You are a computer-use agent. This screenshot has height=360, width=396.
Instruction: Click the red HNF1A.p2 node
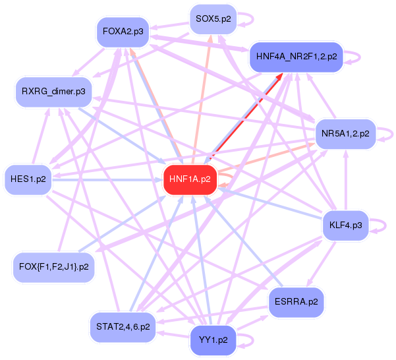(x=190, y=179)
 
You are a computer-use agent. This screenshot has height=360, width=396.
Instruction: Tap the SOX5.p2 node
(x=213, y=19)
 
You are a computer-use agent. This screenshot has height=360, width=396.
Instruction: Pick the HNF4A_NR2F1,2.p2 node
(x=296, y=57)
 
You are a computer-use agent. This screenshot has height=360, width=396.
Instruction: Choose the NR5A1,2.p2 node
(x=345, y=134)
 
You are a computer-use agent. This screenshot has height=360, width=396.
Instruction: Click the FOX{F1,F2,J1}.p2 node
(x=54, y=268)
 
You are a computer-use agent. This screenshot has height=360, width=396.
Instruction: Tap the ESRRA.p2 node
(x=297, y=302)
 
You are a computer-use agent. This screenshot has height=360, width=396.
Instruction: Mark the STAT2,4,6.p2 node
(x=123, y=326)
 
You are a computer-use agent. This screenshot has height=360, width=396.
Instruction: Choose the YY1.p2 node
(x=213, y=340)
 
